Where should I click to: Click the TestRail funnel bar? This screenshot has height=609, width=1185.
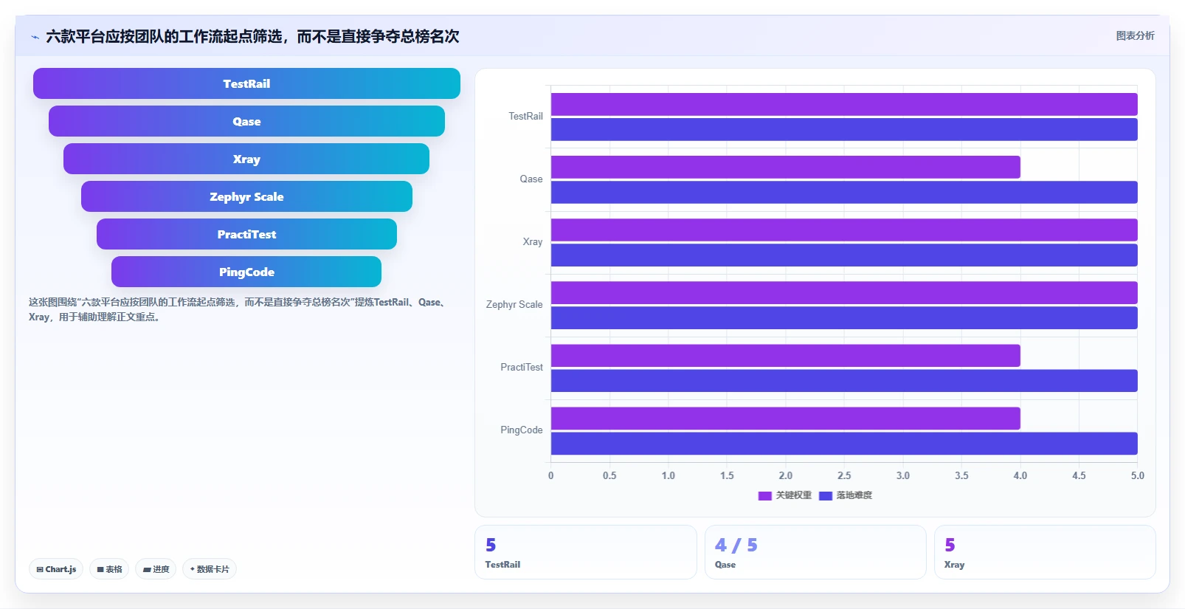point(246,83)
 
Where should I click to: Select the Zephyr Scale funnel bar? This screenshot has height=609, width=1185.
point(246,197)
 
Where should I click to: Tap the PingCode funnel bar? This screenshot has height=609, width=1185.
point(246,272)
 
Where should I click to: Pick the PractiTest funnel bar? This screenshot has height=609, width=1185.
point(246,235)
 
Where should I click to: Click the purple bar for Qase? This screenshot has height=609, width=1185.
point(786,167)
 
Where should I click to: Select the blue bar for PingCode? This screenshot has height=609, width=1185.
point(844,444)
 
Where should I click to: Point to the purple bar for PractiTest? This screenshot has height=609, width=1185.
point(786,356)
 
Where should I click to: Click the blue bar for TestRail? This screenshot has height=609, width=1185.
point(844,130)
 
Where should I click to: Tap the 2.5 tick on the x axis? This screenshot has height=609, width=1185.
point(844,475)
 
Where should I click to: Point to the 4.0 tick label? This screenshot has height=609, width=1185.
point(1020,475)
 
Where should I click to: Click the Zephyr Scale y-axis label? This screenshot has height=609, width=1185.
point(514,305)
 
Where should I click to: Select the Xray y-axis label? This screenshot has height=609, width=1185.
point(533,242)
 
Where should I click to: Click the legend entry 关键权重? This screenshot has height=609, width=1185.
point(785,496)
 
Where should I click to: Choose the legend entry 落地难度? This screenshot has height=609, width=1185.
point(846,496)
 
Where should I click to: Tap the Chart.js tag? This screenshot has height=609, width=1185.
point(56,569)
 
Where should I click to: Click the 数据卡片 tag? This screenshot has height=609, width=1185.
point(210,569)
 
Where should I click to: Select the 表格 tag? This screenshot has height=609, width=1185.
point(109,569)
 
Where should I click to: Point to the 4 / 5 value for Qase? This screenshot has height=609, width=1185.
point(736,545)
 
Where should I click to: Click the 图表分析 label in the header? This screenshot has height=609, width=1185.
point(1136,36)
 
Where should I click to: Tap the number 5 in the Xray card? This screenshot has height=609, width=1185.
point(950,545)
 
